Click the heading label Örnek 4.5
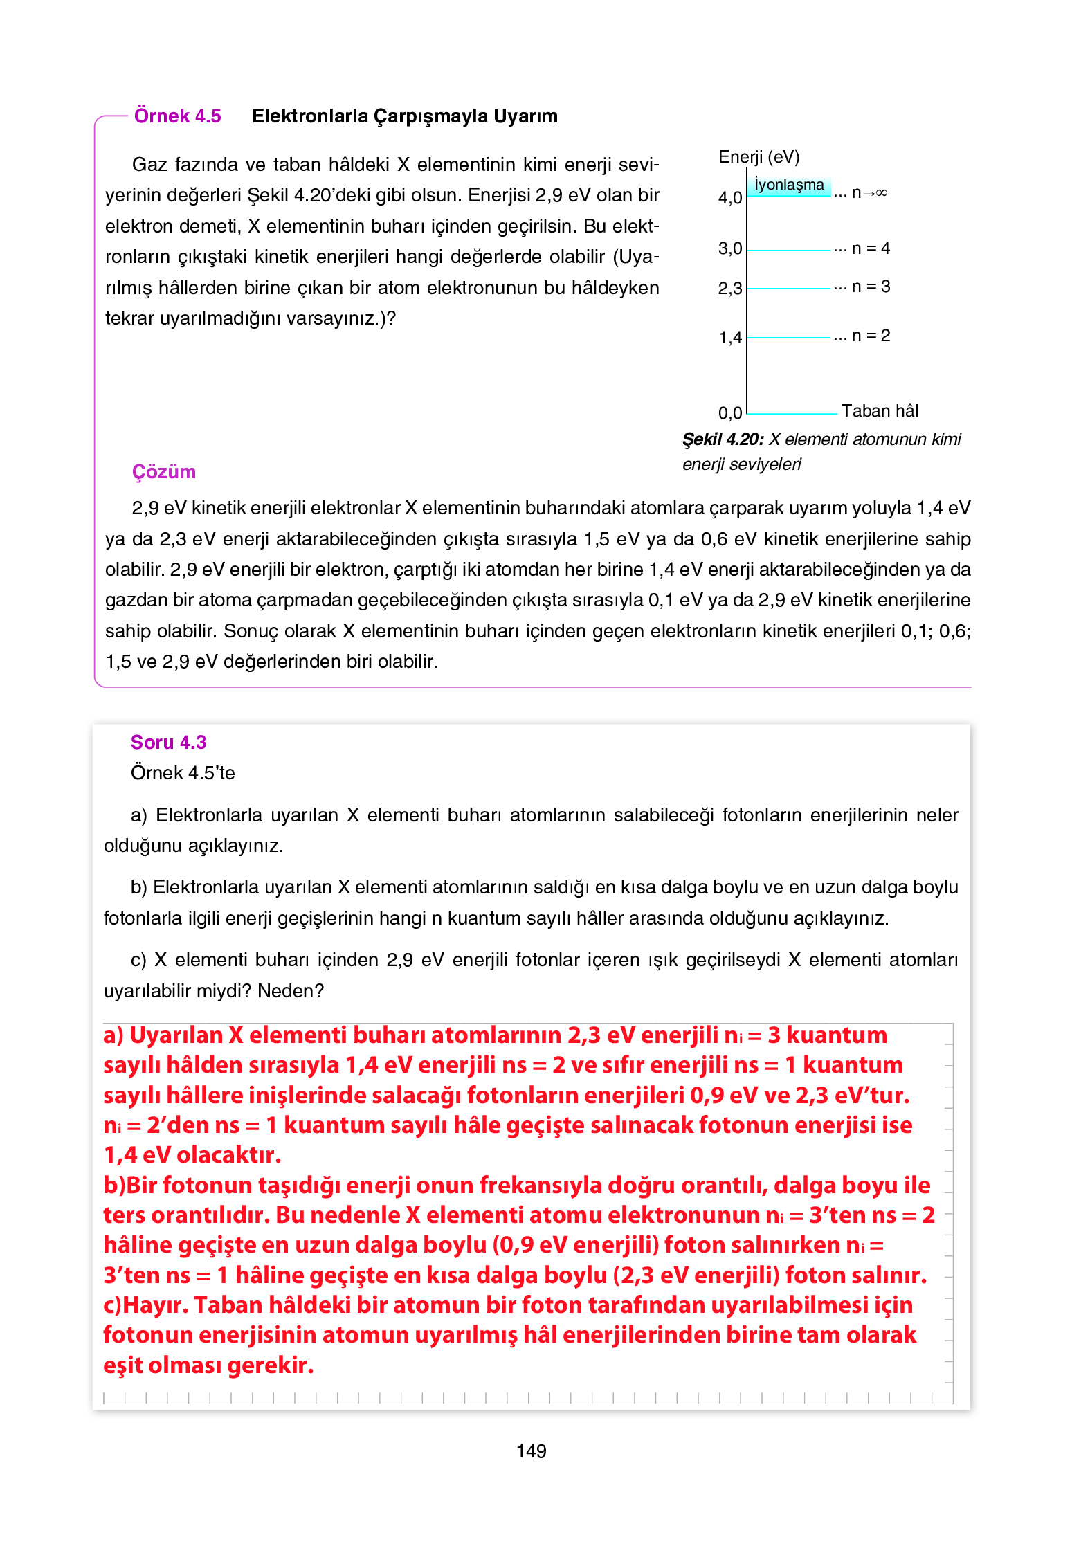(x=177, y=116)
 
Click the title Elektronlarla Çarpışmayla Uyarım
(x=404, y=116)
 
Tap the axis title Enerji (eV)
(x=759, y=157)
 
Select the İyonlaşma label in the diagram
(x=789, y=185)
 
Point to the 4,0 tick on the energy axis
(x=729, y=198)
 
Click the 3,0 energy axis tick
(x=729, y=248)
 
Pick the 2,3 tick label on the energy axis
(x=729, y=289)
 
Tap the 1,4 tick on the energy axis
(x=729, y=338)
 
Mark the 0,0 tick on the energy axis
(x=729, y=413)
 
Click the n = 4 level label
(x=871, y=248)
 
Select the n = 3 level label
(x=871, y=287)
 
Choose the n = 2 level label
(x=871, y=336)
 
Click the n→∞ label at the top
(x=869, y=192)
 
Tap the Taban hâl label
(x=880, y=411)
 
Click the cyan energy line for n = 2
(x=789, y=338)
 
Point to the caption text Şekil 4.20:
(x=723, y=439)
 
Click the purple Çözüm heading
(x=164, y=472)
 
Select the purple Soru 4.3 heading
(x=168, y=742)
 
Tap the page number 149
(x=531, y=1451)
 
